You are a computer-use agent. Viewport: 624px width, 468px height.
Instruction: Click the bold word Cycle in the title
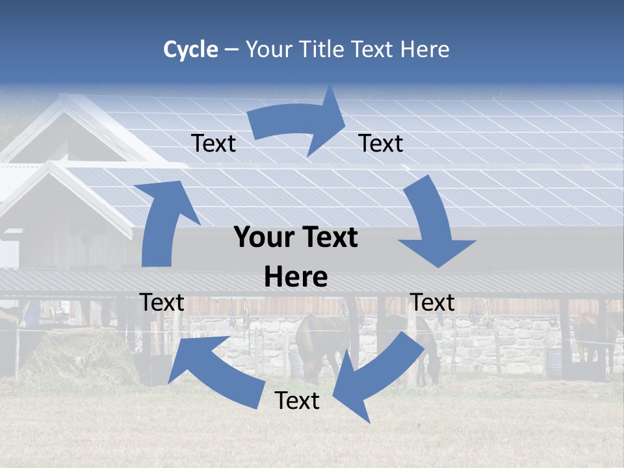click(190, 50)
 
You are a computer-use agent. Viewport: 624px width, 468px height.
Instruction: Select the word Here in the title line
click(426, 49)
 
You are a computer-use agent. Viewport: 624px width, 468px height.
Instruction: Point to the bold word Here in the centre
click(296, 278)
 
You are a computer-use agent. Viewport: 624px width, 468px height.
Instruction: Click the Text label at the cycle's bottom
click(297, 401)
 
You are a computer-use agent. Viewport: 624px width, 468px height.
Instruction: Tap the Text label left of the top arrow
click(213, 144)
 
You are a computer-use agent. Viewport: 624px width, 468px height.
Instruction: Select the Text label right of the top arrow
click(381, 144)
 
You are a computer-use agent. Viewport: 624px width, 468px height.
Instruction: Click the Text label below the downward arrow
click(432, 303)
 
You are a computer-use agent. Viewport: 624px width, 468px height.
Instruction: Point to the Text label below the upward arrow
click(162, 303)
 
